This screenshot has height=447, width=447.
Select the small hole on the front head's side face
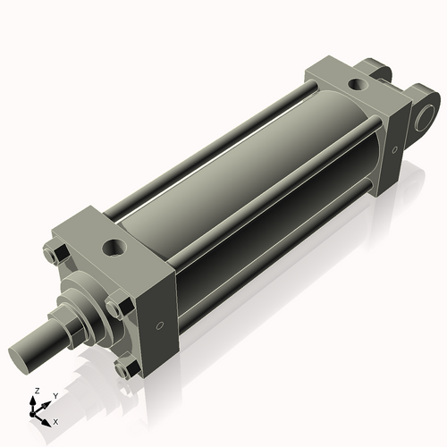160,326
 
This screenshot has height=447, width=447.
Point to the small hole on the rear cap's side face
391,148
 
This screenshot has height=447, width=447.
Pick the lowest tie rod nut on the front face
128,366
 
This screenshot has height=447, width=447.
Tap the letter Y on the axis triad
55,395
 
